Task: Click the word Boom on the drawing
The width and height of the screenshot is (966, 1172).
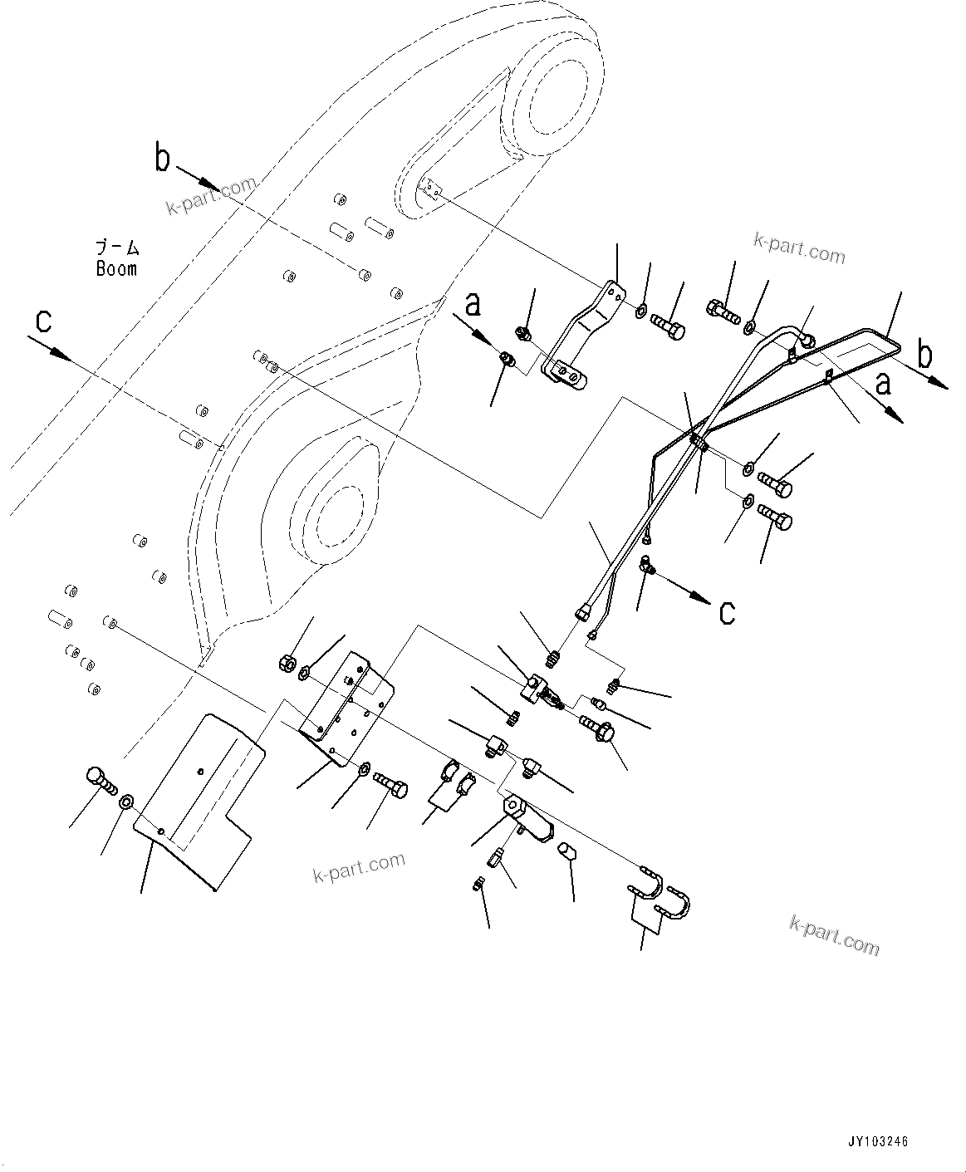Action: click(116, 269)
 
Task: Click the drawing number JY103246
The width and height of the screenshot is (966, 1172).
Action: click(877, 1141)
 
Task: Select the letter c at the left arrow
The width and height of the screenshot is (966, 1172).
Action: click(42, 319)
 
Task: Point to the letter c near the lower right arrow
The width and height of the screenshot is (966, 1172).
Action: click(727, 612)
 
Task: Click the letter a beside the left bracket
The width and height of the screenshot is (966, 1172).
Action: click(473, 305)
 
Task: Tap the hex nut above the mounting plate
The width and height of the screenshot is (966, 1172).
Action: click(285, 663)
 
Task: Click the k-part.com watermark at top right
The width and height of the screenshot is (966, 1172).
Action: click(798, 248)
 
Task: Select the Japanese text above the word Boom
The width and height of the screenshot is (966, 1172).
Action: click(117, 248)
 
